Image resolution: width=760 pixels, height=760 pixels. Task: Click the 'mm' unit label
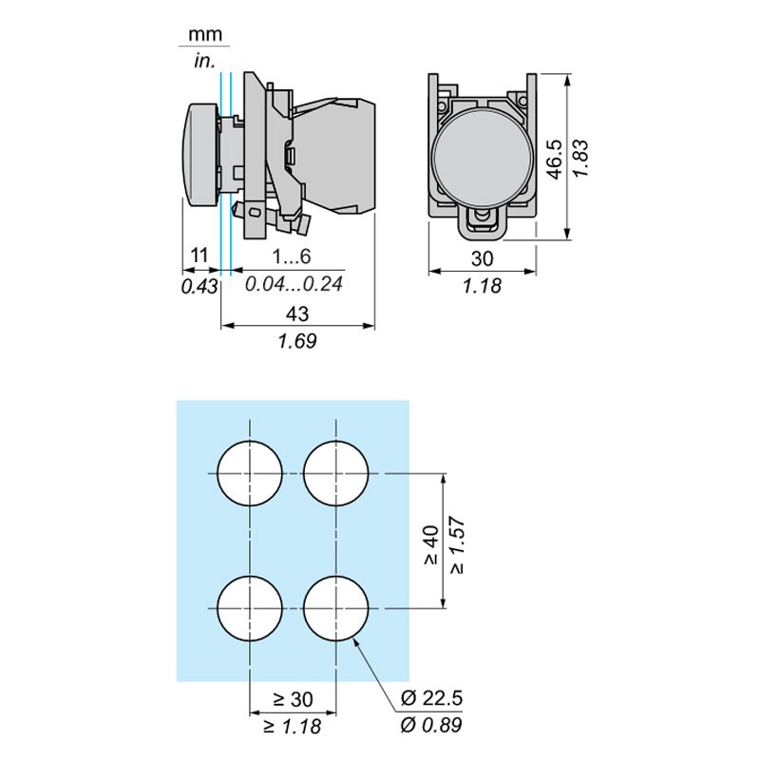click(205, 35)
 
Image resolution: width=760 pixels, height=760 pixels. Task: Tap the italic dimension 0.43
click(199, 284)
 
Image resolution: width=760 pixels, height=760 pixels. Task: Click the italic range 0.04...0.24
click(294, 284)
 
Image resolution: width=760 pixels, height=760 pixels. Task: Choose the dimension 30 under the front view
click(483, 257)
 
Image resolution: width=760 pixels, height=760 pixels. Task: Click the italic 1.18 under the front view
click(483, 286)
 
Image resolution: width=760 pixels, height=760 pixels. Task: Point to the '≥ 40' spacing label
click(429, 545)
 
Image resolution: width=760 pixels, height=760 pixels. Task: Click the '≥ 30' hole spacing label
click(293, 699)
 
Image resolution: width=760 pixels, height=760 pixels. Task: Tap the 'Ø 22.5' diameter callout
click(432, 699)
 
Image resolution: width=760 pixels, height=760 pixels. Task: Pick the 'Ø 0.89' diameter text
click(432, 727)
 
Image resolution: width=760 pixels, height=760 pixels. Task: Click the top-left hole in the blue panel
click(250, 473)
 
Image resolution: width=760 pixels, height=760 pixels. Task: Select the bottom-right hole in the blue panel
click(336, 608)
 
